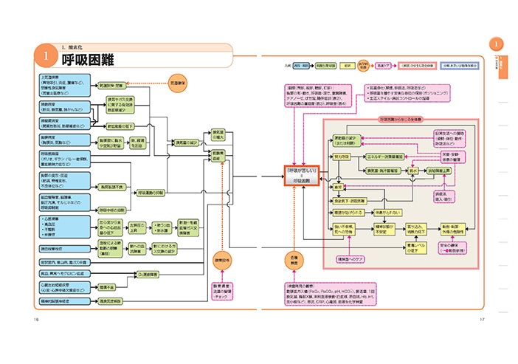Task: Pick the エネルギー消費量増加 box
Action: click(389, 157)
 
